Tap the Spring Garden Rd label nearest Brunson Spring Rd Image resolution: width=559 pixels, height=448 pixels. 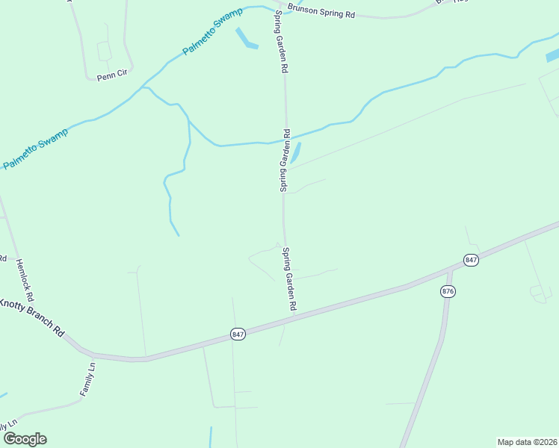282,42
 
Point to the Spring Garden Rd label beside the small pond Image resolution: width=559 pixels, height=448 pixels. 285,161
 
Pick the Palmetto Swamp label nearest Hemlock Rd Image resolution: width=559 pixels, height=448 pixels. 36,148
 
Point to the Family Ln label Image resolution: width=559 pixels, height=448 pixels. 87,379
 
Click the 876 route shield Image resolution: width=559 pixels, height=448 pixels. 448,291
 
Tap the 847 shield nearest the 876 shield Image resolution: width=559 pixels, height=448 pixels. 470,260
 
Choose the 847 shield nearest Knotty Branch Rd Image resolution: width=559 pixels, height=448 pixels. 238,335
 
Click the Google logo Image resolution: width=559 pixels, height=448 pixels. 25,439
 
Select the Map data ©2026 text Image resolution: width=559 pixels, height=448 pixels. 527,442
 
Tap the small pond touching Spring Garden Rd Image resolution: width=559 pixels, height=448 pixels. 296,153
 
